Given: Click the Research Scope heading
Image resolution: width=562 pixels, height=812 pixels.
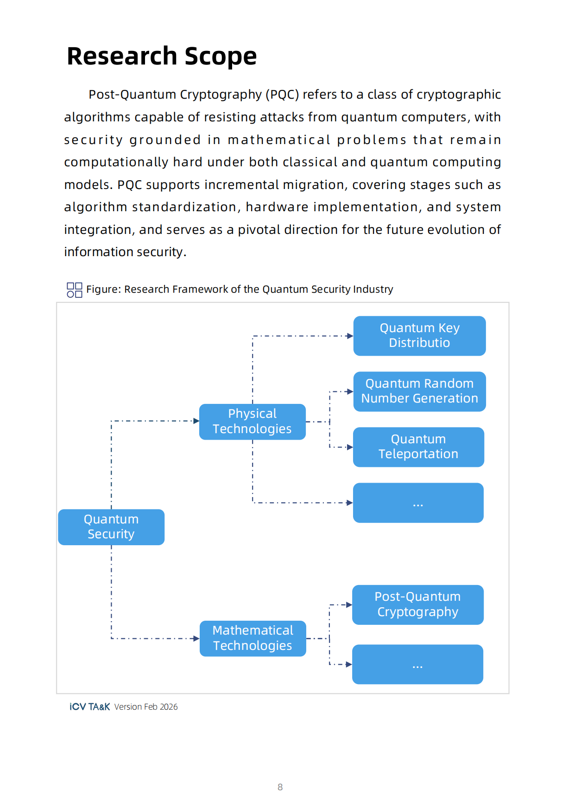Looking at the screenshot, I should (162, 56).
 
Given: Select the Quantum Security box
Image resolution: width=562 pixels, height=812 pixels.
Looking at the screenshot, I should (111, 527).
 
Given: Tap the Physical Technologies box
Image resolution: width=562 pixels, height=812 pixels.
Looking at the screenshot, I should (252, 422).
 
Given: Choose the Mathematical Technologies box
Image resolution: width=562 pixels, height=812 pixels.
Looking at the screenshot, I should (253, 638).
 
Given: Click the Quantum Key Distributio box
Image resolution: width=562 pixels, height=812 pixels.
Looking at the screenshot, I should (419, 336).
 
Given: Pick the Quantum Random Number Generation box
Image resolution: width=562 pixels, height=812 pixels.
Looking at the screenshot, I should (419, 391).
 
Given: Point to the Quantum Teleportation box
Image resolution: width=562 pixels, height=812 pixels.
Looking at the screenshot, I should (418, 447).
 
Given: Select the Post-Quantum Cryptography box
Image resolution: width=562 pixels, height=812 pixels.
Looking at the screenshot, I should (417, 604).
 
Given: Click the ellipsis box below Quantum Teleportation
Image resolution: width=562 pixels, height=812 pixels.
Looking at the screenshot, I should (418, 503).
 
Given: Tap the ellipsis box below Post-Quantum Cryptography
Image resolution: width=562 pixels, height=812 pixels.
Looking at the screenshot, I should (417, 664).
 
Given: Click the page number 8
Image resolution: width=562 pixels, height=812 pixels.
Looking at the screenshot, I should (280, 787).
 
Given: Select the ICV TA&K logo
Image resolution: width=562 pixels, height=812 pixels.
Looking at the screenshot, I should (90, 707).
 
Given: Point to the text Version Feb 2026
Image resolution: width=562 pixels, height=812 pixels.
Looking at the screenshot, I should (146, 707).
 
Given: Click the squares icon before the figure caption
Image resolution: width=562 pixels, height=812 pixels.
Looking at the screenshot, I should (75, 290).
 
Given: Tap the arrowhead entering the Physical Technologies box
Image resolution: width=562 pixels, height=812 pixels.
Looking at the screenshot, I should (196, 421).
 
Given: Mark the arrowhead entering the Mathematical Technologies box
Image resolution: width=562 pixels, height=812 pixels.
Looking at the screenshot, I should (197, 638).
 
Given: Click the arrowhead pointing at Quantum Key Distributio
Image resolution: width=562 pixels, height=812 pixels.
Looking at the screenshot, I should (350, 336).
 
